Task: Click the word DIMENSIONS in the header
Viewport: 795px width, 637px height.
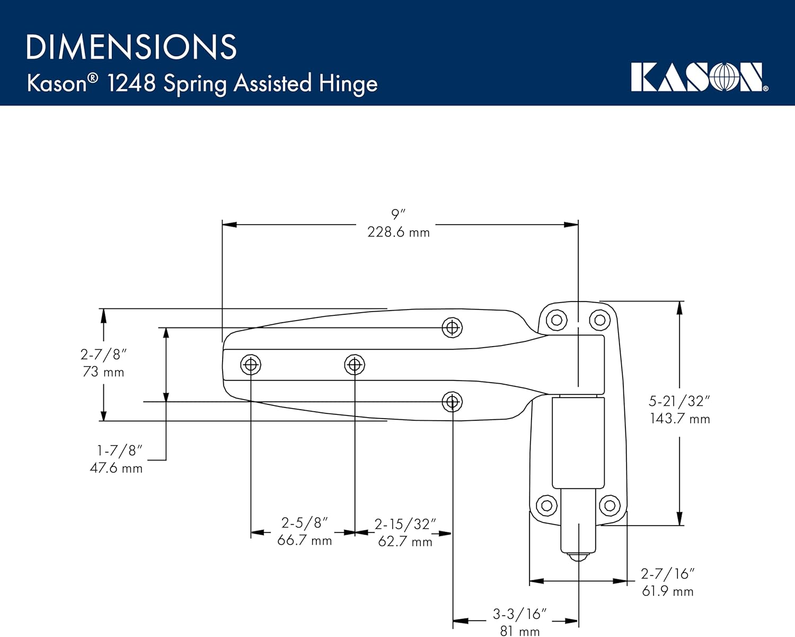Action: pyautogui.click(x=131, y=47)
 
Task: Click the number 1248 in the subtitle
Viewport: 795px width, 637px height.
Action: pyautogui.click(x=131, y=83)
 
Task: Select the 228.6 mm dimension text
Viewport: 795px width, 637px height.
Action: pyautogui.click(x=399, y=232)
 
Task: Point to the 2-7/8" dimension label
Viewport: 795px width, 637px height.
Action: pyautogui.click(x=103, y=354)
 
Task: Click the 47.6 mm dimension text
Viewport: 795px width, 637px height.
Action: pyautogui.click(x=116, y=468)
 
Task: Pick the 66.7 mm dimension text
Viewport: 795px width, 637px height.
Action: pyautogui.click(x=305, y=541)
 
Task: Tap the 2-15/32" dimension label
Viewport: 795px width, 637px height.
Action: pyautogui.click(x=405, y=524)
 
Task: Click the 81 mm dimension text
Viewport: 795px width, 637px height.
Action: pyautogui.click(x=519, y=631)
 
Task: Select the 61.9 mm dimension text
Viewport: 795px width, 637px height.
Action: pyautogui.click(x=667, y=591)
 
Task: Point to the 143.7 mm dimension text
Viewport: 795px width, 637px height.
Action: pyautogui.click(x=680, y=419)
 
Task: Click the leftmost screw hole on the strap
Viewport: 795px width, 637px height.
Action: pyautogui.click(x=251, y=365)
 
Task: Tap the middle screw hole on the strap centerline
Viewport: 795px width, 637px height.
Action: pyautogui.click(x=355, y=365)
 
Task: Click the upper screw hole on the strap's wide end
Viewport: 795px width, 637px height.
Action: pyautogui.click(x=452, y=328)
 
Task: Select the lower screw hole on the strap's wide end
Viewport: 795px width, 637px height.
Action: pyautogui.click(x=452, y=402)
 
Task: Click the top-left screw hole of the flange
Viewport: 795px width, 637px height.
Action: pyautogui.click(x=556, y=320)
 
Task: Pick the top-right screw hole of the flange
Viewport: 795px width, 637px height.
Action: pyautogui.click(x=600, y=320)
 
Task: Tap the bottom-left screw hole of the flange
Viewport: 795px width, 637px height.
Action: pyautogui.click(x=546, y=505)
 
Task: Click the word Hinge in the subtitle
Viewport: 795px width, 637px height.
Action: pyautogui.click(x=348, y=84)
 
